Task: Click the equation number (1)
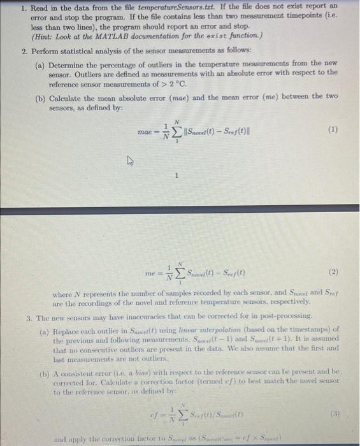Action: coord(332,129)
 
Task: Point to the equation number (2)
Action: coord(332,273)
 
